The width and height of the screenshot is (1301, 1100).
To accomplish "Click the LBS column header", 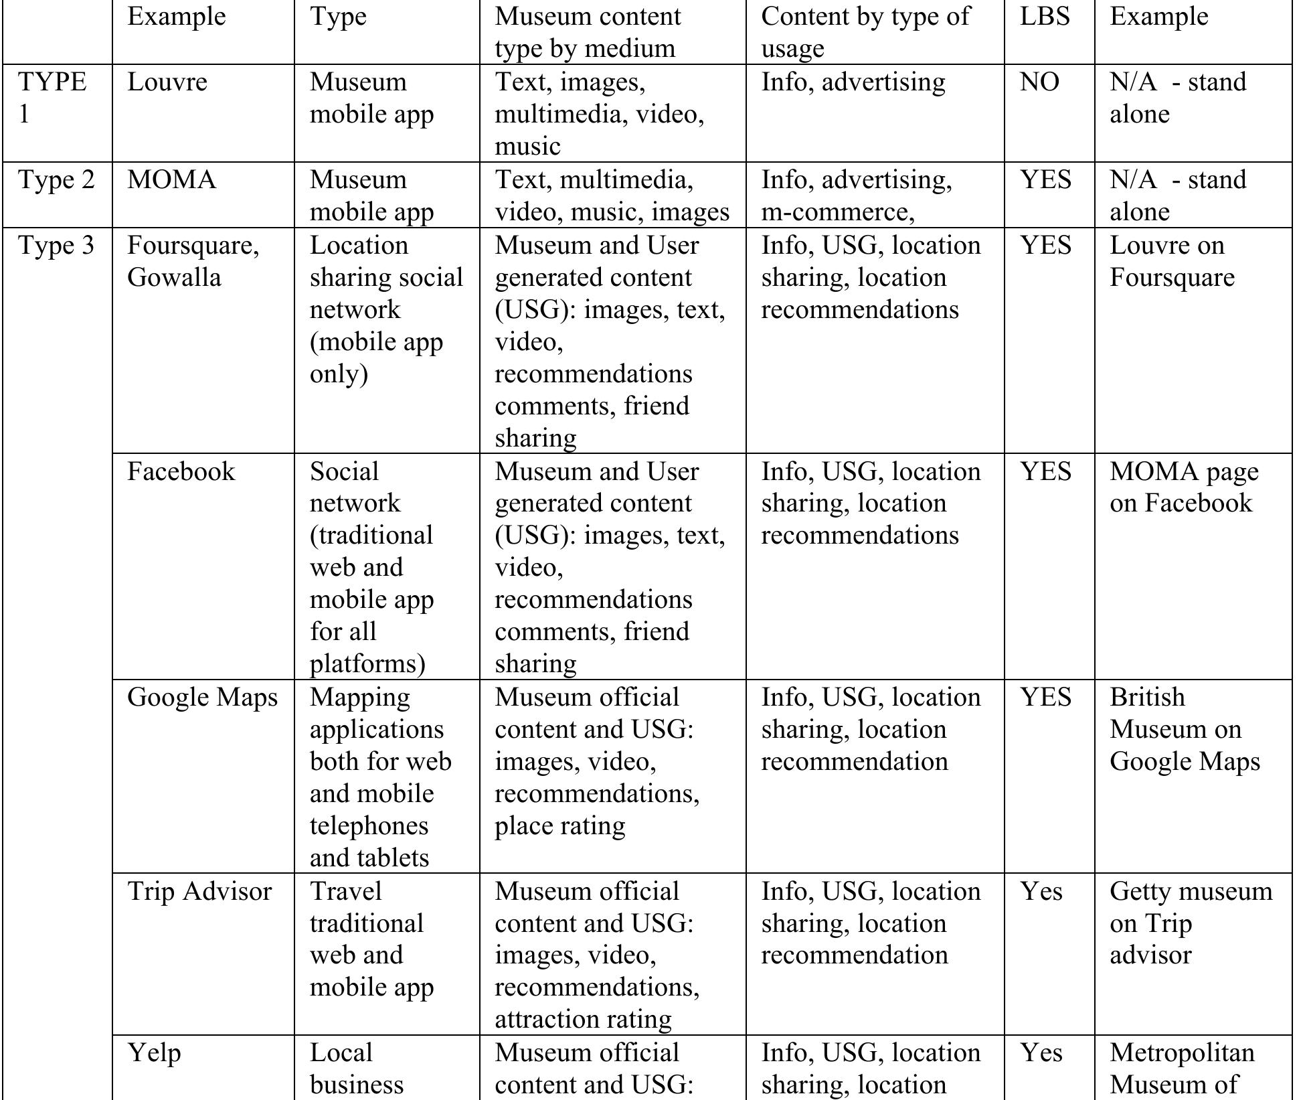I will [1044, 17].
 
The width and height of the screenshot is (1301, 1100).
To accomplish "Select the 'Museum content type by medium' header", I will [587, 32].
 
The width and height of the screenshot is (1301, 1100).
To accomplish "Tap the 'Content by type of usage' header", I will [865, 32].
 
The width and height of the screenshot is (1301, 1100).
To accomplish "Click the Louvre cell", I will [167, 82].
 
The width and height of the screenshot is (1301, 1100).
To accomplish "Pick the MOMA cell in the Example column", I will [172, 180].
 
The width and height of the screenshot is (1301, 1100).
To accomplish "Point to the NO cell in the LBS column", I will [1039, 82].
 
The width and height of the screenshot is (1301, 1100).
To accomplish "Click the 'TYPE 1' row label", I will [52, 98].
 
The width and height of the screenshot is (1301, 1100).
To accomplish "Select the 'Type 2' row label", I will [56, 180].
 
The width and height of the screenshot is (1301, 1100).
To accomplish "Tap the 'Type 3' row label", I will [56, 246].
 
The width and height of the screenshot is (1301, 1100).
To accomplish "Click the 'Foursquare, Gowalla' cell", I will [193, 261].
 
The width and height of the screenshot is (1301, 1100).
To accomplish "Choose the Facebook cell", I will [181, 471].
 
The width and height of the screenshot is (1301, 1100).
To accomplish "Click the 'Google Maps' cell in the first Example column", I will [202, 698].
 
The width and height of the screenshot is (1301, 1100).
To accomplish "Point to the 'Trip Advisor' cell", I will [199, 892].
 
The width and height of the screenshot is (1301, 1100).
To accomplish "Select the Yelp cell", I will [154, 1053].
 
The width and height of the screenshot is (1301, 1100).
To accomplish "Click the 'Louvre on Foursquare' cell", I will [1171, 261].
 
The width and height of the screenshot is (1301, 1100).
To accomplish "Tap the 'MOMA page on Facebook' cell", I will [1183, 487].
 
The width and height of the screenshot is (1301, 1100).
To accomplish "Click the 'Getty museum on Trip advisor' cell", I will [1190, 923].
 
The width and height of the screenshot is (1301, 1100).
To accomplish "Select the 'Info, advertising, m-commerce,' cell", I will [857, 195].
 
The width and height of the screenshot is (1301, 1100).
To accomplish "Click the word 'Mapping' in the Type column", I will [359, 698].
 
